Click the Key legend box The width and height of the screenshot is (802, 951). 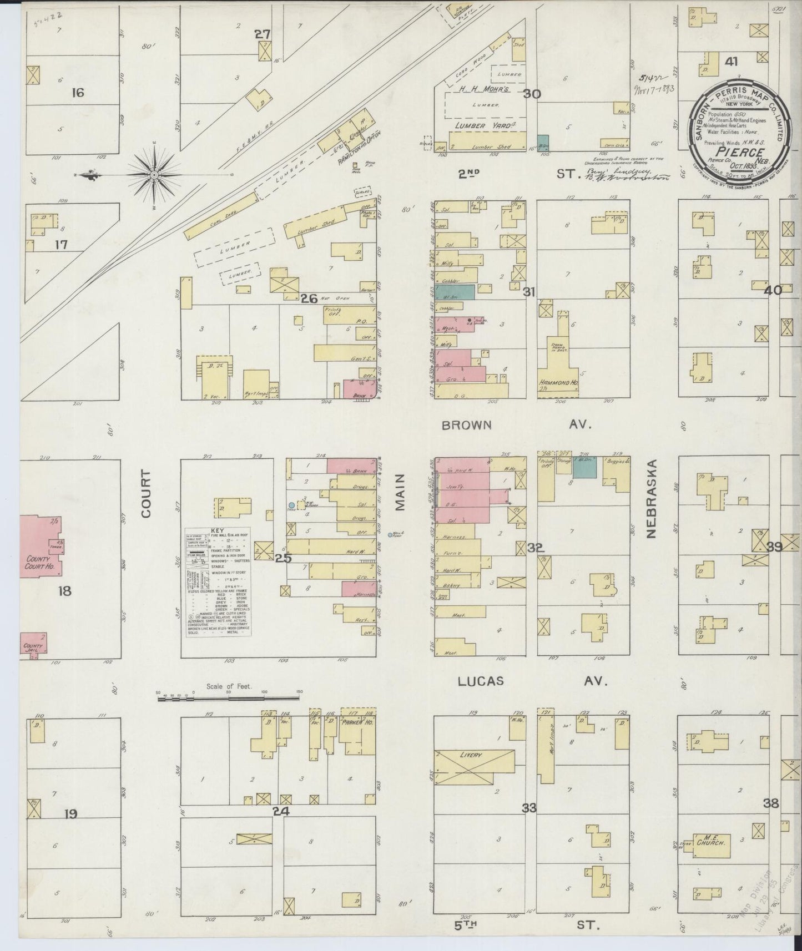click(x=217, y=581)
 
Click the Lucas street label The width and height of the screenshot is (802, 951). click(x=481, y=681)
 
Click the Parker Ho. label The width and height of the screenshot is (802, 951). click(x=359, y=722)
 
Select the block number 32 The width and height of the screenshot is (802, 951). click(x=535, y=548)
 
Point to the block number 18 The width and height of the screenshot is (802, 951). click(x=65, y=591)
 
